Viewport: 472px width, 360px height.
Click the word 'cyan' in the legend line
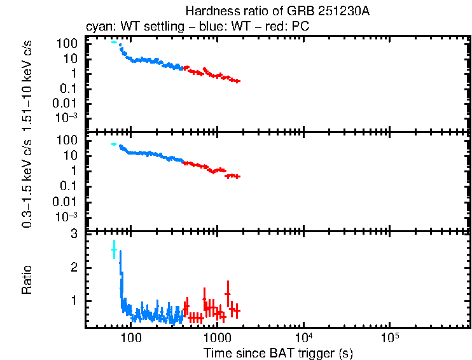pyautogui.click(x=97, y=27)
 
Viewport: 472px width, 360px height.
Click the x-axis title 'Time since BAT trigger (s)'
pyautogui.click(x=278, y=352)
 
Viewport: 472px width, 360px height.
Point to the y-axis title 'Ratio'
pyautogui.click(x=27, y=280)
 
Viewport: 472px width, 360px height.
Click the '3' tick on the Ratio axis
pyautogui.click(x=74, y=235)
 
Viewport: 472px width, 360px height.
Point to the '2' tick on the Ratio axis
pyautogui.click(x=74, y=268)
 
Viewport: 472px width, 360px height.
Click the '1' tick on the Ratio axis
pyautogui.click(x=74, y=301)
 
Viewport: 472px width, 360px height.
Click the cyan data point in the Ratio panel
pyautogui.click(x=114, y=250)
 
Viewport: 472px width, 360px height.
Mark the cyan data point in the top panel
pyautogui.click(x=114, y=42)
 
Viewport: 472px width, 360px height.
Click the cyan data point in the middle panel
pyautogui.click(x=114, y=144)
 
